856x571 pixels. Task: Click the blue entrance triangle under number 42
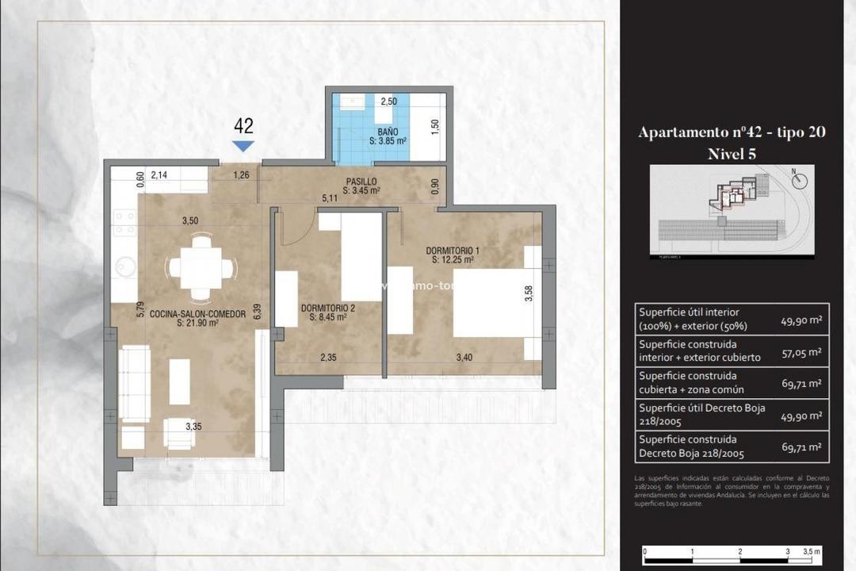[243, 146]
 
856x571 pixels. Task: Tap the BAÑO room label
[388, 136]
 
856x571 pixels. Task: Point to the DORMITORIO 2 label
[328, 312]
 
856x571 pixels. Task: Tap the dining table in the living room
[201, 269]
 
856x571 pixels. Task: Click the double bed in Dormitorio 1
[491, 304]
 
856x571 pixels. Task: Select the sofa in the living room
[134, 383]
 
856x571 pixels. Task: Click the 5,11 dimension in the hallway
[329, 198]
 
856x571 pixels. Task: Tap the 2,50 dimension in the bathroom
[388, 102]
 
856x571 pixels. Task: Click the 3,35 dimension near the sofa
[193, 427]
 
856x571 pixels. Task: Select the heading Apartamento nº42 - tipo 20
[732, 132]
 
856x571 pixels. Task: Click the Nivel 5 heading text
[732, 154]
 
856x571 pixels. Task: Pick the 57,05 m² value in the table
[801, 351]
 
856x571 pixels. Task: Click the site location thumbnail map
[732, 211]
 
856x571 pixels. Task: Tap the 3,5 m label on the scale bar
[812, 551]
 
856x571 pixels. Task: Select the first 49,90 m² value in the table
[801, 319]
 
